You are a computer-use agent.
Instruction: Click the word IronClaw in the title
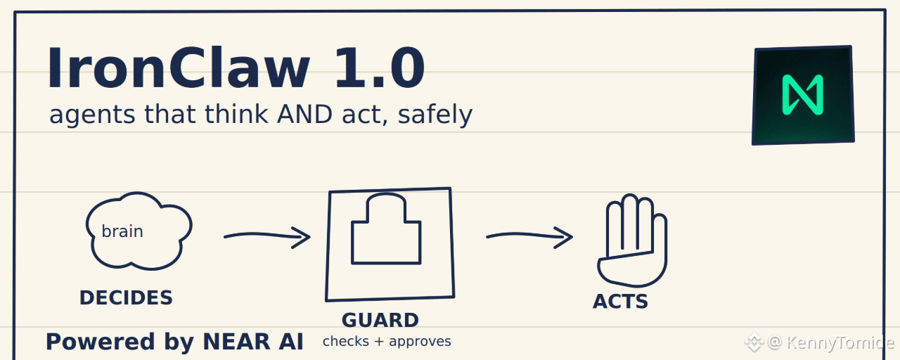pos(179,67)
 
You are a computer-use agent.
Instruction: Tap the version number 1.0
pos(380,67)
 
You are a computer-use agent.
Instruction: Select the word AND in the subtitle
pos(304,114)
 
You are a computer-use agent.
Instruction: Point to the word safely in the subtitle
pos(435,115)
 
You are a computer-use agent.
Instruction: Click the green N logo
pos(803,95)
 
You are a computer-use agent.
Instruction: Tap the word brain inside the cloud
pos(122,231)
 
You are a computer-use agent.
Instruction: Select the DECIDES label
pos(126,297)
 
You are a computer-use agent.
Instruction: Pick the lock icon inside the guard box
pos(386,229)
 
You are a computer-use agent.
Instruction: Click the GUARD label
pos(380,320)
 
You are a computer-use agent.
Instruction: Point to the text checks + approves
pos(387,342)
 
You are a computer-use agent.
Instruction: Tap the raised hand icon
pos(632,240)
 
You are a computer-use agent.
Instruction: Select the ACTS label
pos(620,302)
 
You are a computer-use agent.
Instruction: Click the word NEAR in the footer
pos(236,342)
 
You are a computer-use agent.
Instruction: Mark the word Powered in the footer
pos(100,342)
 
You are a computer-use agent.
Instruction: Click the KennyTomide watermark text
pos(840,342)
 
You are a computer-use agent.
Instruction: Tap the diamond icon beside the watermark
pos(754,342)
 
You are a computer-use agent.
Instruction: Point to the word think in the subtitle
pos(236,114)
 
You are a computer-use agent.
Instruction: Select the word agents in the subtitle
pos(92,116)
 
